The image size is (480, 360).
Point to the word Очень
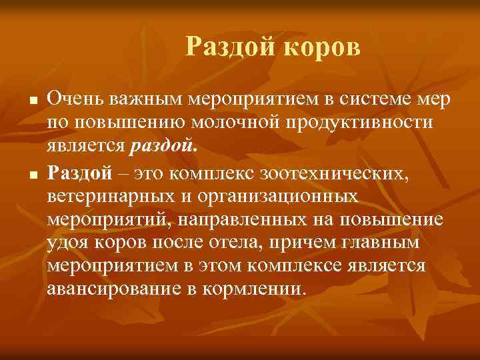click(x=74, y=99)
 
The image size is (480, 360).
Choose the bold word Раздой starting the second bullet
click(x=79, y=173)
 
